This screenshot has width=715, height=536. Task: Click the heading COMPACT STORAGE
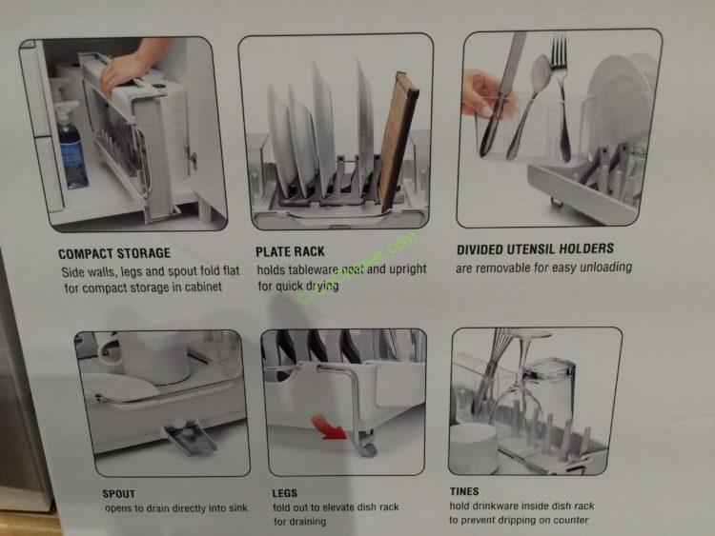114,254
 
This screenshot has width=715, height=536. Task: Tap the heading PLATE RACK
290,252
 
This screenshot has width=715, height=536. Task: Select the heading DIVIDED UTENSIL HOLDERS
535,250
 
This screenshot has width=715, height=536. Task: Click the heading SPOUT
118,494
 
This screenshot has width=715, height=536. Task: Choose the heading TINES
464,491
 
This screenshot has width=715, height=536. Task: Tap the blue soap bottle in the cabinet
71,148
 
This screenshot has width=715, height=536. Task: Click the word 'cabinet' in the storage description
198,288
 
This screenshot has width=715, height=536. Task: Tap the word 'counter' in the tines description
567,520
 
